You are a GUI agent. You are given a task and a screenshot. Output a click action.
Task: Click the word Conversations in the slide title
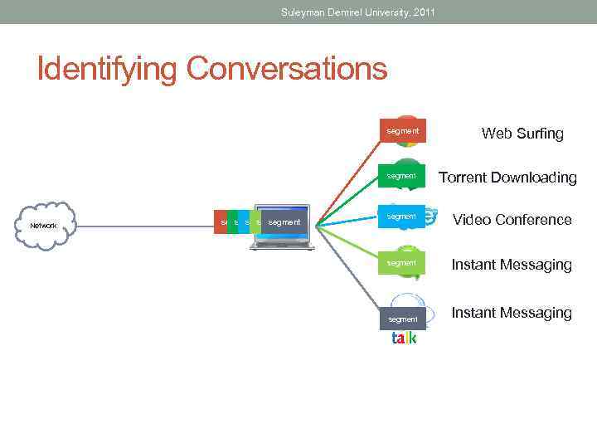pyautogui.click(x=287, y=68)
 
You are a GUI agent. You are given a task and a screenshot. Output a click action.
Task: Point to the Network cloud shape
pyautogui.click(x=46, y=225)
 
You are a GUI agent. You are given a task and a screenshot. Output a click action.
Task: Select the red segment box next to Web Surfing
pyautogui.click(x=402, y=131)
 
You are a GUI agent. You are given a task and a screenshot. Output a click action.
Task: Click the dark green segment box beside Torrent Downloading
pyautogui.click(x=402, y=176)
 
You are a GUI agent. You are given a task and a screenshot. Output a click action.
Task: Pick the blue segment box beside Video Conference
pyautogui.click(x=402, y=217)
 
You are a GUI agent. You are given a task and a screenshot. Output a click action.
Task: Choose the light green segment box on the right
pyautogui.click(x=402, y=263)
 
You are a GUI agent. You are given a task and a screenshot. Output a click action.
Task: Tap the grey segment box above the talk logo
pyautogui.click(x=403, y=319)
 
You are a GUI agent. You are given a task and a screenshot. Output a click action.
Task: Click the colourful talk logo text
pyautogui.click(x=404, y=338)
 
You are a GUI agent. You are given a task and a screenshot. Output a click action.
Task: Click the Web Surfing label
pyautogui.click(x=522, y=134)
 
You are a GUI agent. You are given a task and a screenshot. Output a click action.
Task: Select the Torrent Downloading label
pyautogui.click(x=507, y=178)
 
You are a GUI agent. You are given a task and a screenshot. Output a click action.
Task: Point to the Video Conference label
pyautogui.click(x=512, y=220)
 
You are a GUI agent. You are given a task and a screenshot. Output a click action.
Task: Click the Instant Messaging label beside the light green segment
pyautogui.click(x=511, y=265)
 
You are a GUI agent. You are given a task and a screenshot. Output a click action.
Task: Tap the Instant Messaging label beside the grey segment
pyautogui.click(x=511, y=313)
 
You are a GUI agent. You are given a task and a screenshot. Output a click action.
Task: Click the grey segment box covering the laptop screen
pyautogui.click(x=284, y=222)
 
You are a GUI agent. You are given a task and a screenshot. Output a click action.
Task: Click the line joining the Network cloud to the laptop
pyautogui.click(x=145, y=224)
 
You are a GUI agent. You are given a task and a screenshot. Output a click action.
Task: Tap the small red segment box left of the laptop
pyautogui.click(x=221, y=222)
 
